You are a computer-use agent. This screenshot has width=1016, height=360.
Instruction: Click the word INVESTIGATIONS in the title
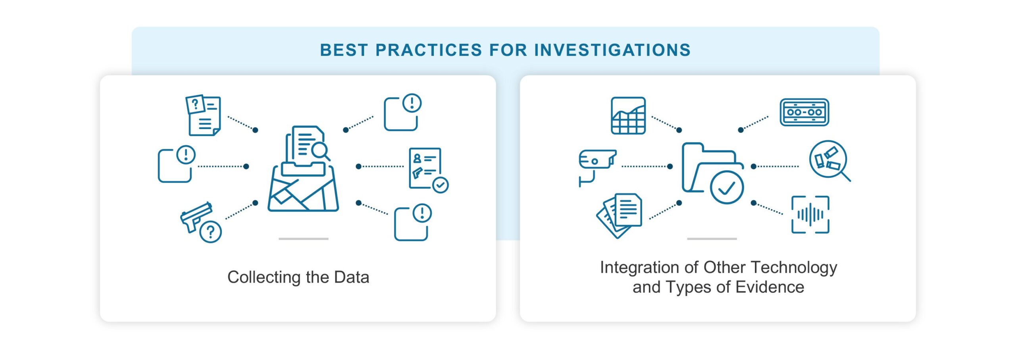click(612, 50)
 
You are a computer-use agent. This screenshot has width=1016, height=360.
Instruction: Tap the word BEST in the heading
click(344, 50)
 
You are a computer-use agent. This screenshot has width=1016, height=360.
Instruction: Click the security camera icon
click(597, 167)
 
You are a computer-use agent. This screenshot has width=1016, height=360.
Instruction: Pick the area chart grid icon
click(628, 116)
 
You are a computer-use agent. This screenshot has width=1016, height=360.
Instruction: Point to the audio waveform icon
click(810, 215)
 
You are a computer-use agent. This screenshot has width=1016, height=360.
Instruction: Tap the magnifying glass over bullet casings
click(829, 161)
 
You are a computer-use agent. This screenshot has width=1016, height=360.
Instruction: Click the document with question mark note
click(203, 115)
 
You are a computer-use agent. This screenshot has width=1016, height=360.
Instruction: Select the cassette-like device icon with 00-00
click(804, 112)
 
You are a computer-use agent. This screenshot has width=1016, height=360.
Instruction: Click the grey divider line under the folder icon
click(712, 239)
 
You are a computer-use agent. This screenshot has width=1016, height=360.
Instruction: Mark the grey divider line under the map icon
click(304, 239)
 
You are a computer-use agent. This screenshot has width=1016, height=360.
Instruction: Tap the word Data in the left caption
click(352, 277)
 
